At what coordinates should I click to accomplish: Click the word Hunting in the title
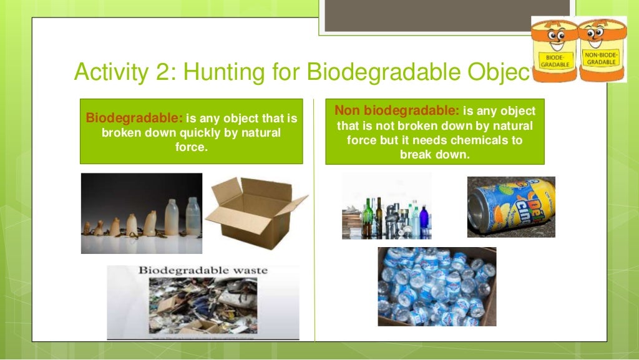pos(217,73)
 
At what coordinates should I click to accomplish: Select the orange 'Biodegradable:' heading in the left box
pos(134,118)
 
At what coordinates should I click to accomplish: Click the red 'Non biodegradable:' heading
pos(397,111)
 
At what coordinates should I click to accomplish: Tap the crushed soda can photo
pos(511,207)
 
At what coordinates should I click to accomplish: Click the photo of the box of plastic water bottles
pos(436,286)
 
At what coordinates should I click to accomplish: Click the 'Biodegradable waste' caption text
pos(202,271)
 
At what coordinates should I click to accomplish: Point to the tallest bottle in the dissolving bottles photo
pos(193,215)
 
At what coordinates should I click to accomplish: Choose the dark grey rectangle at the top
pos(447,15)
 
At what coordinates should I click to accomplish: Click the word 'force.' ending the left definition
pos(191,147)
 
